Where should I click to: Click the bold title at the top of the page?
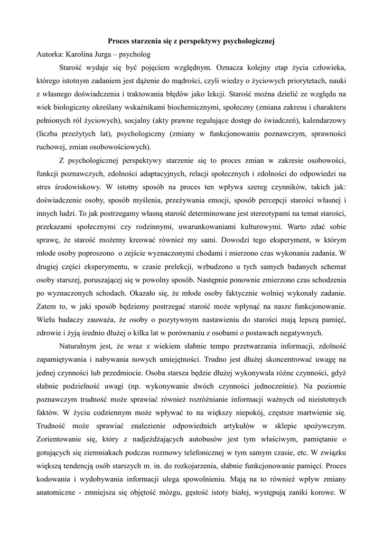click(192, 40)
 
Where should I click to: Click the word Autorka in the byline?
click(51, 54)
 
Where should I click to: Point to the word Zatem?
click(48, 305)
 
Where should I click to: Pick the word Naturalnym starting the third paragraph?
click(85, 346)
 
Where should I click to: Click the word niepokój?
click(253, 411)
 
